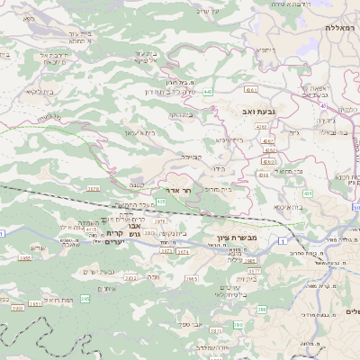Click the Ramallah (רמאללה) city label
pyautogui.click(x=341, y=28)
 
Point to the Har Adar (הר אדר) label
pyautogui.click(x=181, y=190)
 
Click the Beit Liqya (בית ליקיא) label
pyautogui.click(x=41, y=91)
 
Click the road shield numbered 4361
pyautogui.click(x=251, y=90)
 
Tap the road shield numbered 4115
pyautogui.click(x=91, y=229)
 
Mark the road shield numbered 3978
pyautogui.click(x=93, y=188)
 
